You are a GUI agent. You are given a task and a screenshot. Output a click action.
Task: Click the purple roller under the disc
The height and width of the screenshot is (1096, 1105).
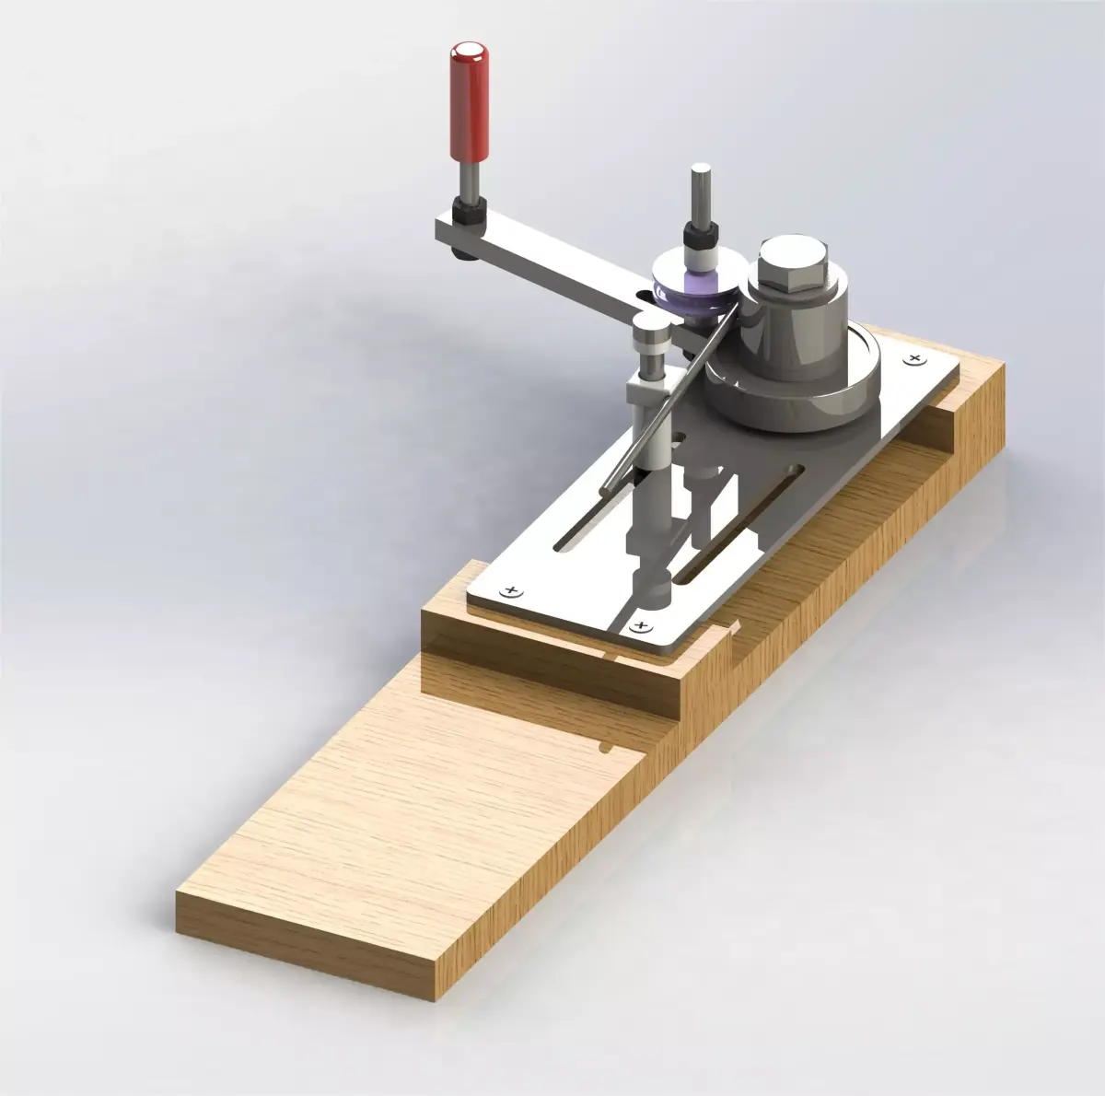pyautogui.click(x=695, y=293)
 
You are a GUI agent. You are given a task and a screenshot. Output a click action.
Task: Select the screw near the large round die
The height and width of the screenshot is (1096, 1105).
pyautogui.click(x=913, y=357)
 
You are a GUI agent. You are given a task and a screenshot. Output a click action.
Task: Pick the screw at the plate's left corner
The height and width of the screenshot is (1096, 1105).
pyautogui.click(x=506, y=589)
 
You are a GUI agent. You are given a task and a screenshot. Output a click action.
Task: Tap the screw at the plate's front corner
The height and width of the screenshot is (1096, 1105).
pyautogui.click(x=641, y=626)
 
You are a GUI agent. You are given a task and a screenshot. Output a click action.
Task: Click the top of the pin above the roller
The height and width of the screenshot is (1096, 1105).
pyautogui.click(x=700, y=170)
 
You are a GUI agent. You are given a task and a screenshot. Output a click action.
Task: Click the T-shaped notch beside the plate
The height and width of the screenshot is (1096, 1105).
pyautogui.click(x=731, y=631)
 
